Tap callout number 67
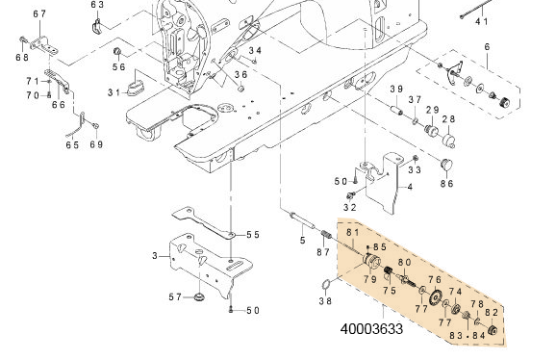pos(39,14)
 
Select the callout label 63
pos(97,5)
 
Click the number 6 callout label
pos(488,47)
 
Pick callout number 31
pos(114,92)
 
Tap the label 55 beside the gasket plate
pos(253,235)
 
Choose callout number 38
pos(325,300)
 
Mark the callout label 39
pos(395,90)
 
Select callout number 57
pos(174,296)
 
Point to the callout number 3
pos(154,255)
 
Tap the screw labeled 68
pos(22,39)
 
